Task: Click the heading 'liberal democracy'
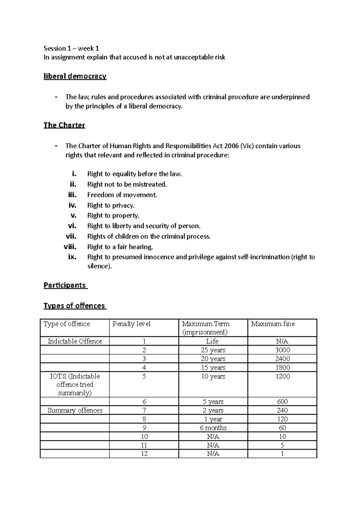point(75,76)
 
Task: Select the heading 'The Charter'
point(64,125)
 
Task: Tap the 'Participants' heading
point(65,285)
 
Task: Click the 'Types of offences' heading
point(74,306)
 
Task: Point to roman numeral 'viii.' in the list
point(70,247)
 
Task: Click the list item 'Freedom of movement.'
point(122,195)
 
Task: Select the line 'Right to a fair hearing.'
point(120,247)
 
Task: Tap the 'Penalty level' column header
point(131,324)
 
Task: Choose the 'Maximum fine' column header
point(273,324)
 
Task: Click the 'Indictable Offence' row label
point(75,341)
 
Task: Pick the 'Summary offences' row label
point(75,410)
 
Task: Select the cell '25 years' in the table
point(213,350)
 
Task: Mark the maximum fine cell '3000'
point(282,350)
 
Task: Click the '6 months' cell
point(213,428)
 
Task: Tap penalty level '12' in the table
point(144,454)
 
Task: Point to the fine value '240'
point(282,410)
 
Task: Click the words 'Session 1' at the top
point(55,48)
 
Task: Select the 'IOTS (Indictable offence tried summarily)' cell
point(75,384)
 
